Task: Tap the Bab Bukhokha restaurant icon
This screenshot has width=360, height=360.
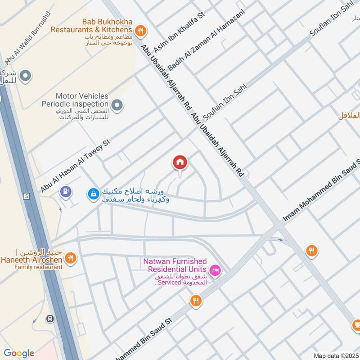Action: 141,30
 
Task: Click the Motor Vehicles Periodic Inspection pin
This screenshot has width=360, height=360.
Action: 117,106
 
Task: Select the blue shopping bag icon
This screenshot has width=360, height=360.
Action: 93,193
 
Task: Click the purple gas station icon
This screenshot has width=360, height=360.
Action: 66,192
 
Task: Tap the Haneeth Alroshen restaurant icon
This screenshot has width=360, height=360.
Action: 70,258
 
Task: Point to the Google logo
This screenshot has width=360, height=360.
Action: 18,353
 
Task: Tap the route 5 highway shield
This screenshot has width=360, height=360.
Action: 27,196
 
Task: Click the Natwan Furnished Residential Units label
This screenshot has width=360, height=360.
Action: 175,265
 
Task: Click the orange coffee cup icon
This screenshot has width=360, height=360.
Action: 356,324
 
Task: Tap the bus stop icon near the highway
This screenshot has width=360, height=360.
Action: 49,319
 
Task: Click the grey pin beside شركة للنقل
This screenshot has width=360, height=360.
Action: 26,76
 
